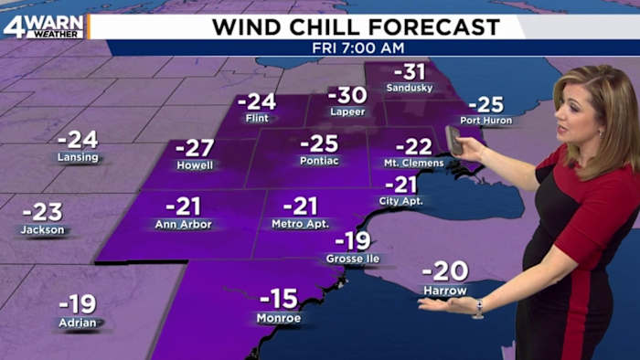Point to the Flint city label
256,119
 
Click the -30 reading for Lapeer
347,95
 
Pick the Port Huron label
485,121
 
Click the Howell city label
195,165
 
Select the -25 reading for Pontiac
319,143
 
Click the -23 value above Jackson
41,211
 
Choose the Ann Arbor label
183,224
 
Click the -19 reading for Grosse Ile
352,241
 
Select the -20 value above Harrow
445,271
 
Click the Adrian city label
77,323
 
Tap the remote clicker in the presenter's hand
453,141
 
